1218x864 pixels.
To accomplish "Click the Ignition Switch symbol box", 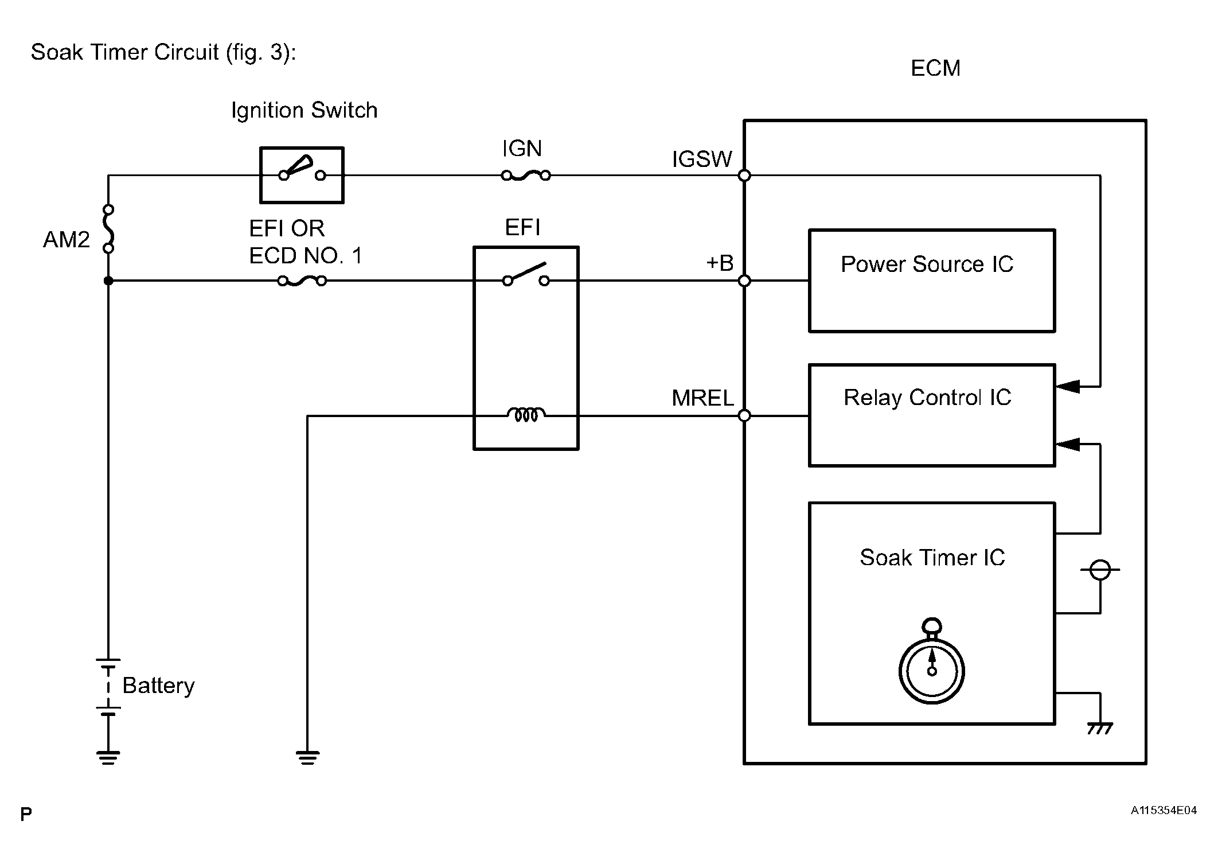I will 302,175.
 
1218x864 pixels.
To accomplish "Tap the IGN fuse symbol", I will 526,176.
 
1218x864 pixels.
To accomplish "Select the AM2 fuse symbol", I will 108,229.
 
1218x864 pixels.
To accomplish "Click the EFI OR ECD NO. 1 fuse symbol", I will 302,281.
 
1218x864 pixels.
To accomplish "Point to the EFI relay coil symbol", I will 526,414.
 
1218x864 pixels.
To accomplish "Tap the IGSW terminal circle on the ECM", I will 744,176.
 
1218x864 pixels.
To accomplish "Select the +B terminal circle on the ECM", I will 744,281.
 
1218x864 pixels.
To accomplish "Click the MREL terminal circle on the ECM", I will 744,415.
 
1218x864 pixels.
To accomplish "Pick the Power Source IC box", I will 931,281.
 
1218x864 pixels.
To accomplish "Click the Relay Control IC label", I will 927,398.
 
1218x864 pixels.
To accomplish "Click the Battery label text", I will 158,686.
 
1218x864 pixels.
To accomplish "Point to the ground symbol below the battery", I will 108,757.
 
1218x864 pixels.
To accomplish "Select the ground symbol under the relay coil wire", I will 307,757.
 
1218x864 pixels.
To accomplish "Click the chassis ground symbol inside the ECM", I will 1099,729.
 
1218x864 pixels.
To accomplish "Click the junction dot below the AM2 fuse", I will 108,281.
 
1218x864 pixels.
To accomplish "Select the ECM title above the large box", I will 935,68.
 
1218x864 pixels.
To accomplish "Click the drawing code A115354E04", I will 1164,811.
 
